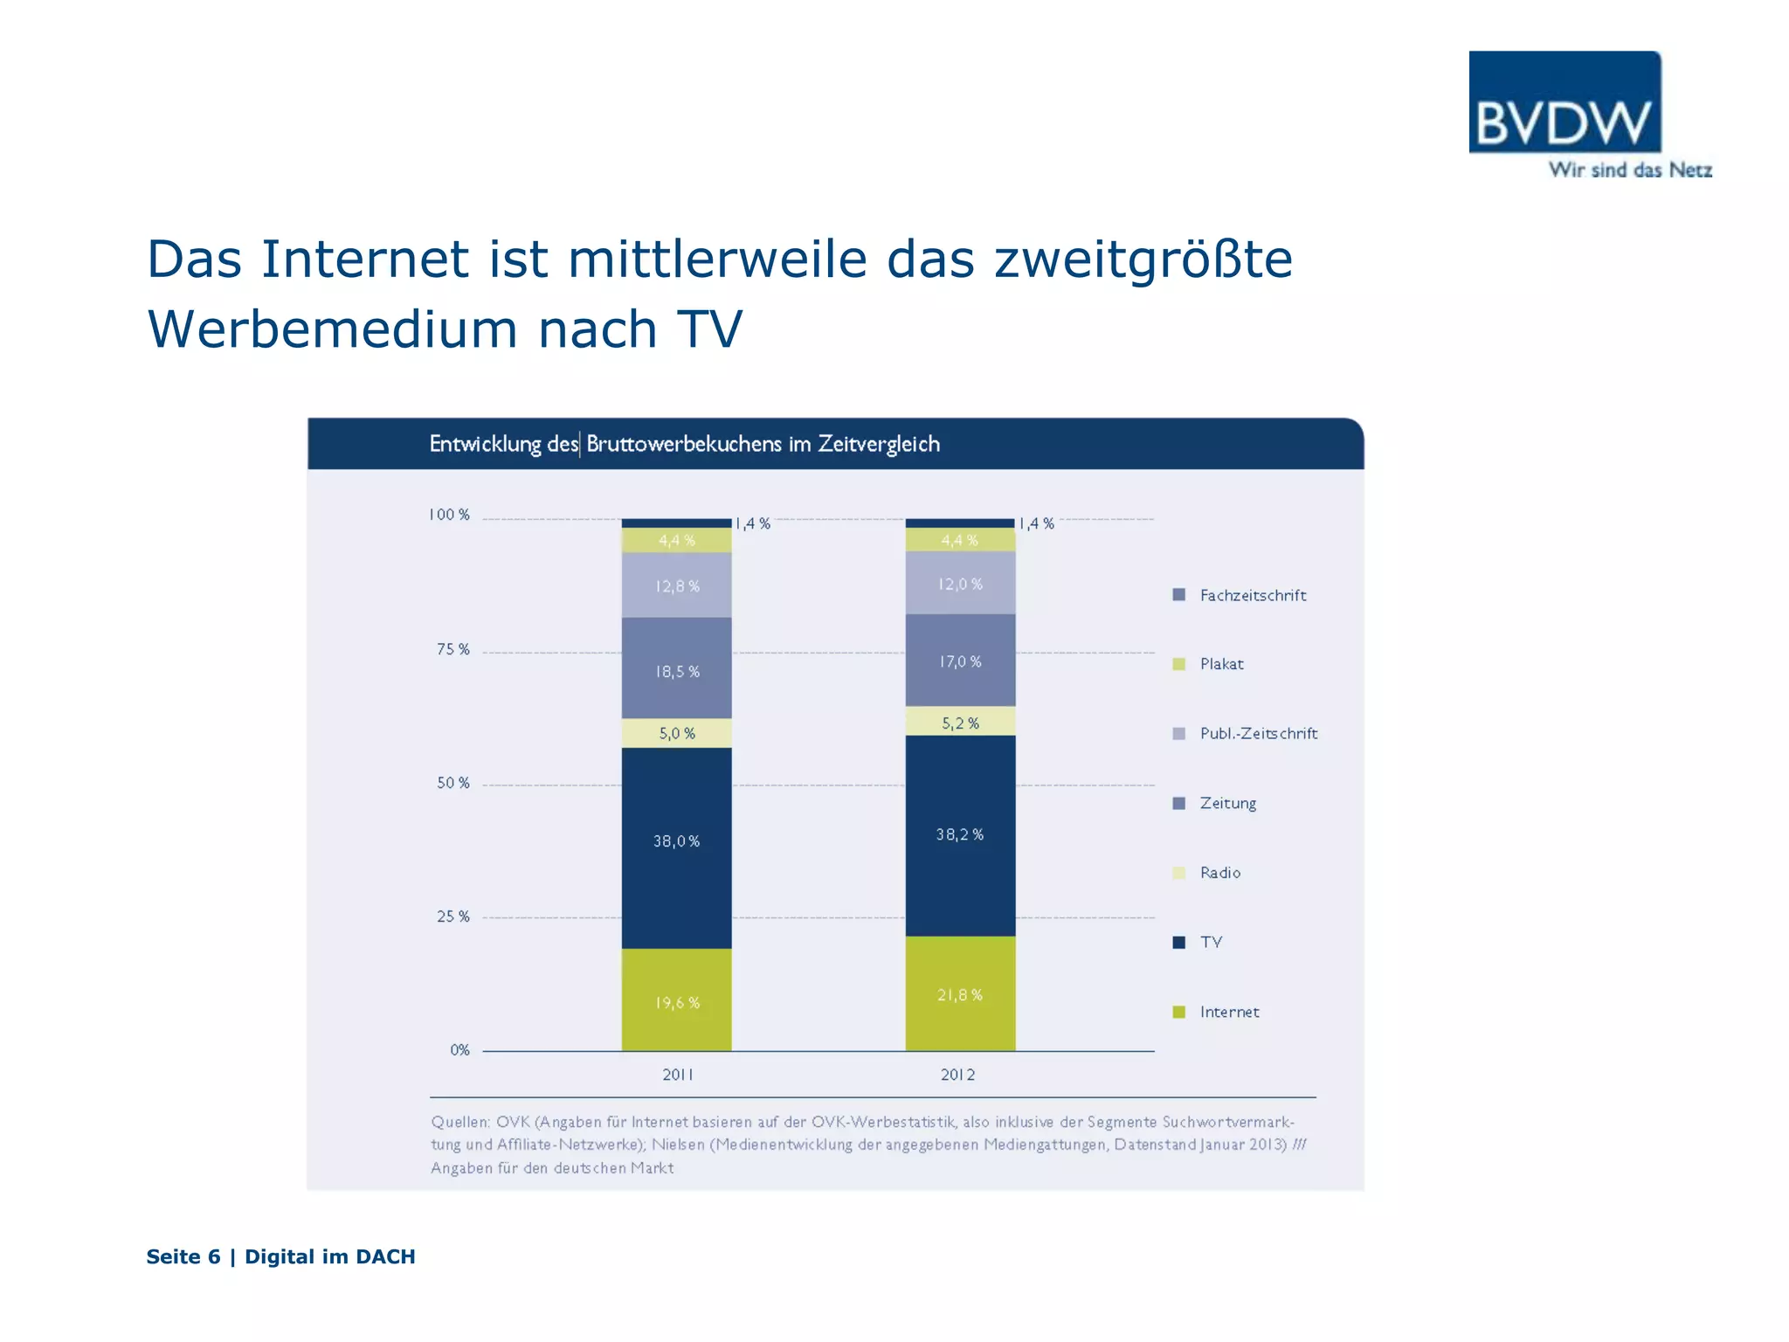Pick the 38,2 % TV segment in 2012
[x=960, y=835]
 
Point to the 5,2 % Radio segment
[x=960, y=722]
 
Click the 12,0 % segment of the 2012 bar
[x=960, y=584]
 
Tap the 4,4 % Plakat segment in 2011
[x=676, y=540]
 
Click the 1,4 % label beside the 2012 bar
[x=1037, y=523]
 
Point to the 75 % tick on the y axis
[x=452, y=649]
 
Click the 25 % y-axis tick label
[x=452, y=917]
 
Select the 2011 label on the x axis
[x=677, y=1075]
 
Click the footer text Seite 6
[x=183, y=1256]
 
